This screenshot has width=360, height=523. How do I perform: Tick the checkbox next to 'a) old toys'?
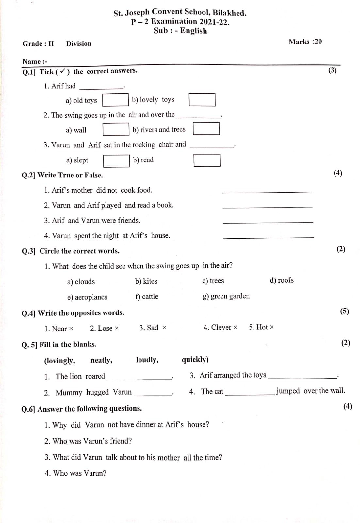click(x=115, y=100)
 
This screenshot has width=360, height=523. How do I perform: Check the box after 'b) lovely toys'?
click(x=202, y=100)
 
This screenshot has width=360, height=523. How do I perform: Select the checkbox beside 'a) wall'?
click(x=116, y=129)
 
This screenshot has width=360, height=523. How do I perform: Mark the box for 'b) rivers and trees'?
click(x=206, y=128)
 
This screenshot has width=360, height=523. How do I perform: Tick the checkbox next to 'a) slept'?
click(x=116, y=161)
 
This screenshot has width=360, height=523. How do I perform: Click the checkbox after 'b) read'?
click(x=207, y=160)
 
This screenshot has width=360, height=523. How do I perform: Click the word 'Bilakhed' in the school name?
click(x=229, y=13)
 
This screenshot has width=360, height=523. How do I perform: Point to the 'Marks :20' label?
click(x=305, y=42)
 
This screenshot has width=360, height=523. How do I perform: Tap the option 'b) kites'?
click(x=146, y=281)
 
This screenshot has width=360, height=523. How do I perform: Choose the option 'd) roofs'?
click(x=282, y=280)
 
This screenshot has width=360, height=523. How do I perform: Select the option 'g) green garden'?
click(x=226, y=296)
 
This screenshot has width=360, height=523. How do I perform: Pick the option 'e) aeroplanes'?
click(x=87, y=297)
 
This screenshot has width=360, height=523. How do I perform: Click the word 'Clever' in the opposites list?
click(x=221, y=327)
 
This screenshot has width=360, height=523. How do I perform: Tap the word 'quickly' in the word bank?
click(x=195, y=360)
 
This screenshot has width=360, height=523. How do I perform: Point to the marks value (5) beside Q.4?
click(x=345, y=311)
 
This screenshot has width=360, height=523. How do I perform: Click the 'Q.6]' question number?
click(x=28, y=409)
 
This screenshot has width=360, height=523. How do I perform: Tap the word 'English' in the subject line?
click(x=194, y=31)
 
